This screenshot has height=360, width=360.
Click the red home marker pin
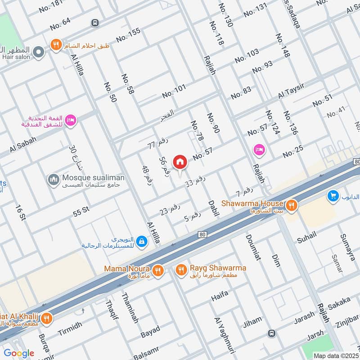pyautogui.click(x=180, y=162)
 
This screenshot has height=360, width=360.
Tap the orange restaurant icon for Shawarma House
pyautogui.click(x=292, y=206)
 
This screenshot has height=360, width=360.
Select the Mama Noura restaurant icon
pyautogui.click(x=157, y=270)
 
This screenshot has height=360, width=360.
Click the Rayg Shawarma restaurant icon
pyautogui.click(x=181, y=270)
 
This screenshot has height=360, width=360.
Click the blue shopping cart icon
pyautogui.click(x=333, y=195)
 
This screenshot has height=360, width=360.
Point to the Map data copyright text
pyautogui.click(x=336, y=355)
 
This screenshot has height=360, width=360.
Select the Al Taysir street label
pyautogui.click(x=291, y=91)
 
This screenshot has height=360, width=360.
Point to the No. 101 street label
pyautogui.click(x=174, y=91)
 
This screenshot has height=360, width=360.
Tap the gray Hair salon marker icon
pyautogui.click(x=39, y=53)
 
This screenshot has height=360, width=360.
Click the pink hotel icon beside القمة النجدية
pyautogui.click(x=71, y=120)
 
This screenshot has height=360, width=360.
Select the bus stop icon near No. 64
pyautogui.click(x=95, y=23)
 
